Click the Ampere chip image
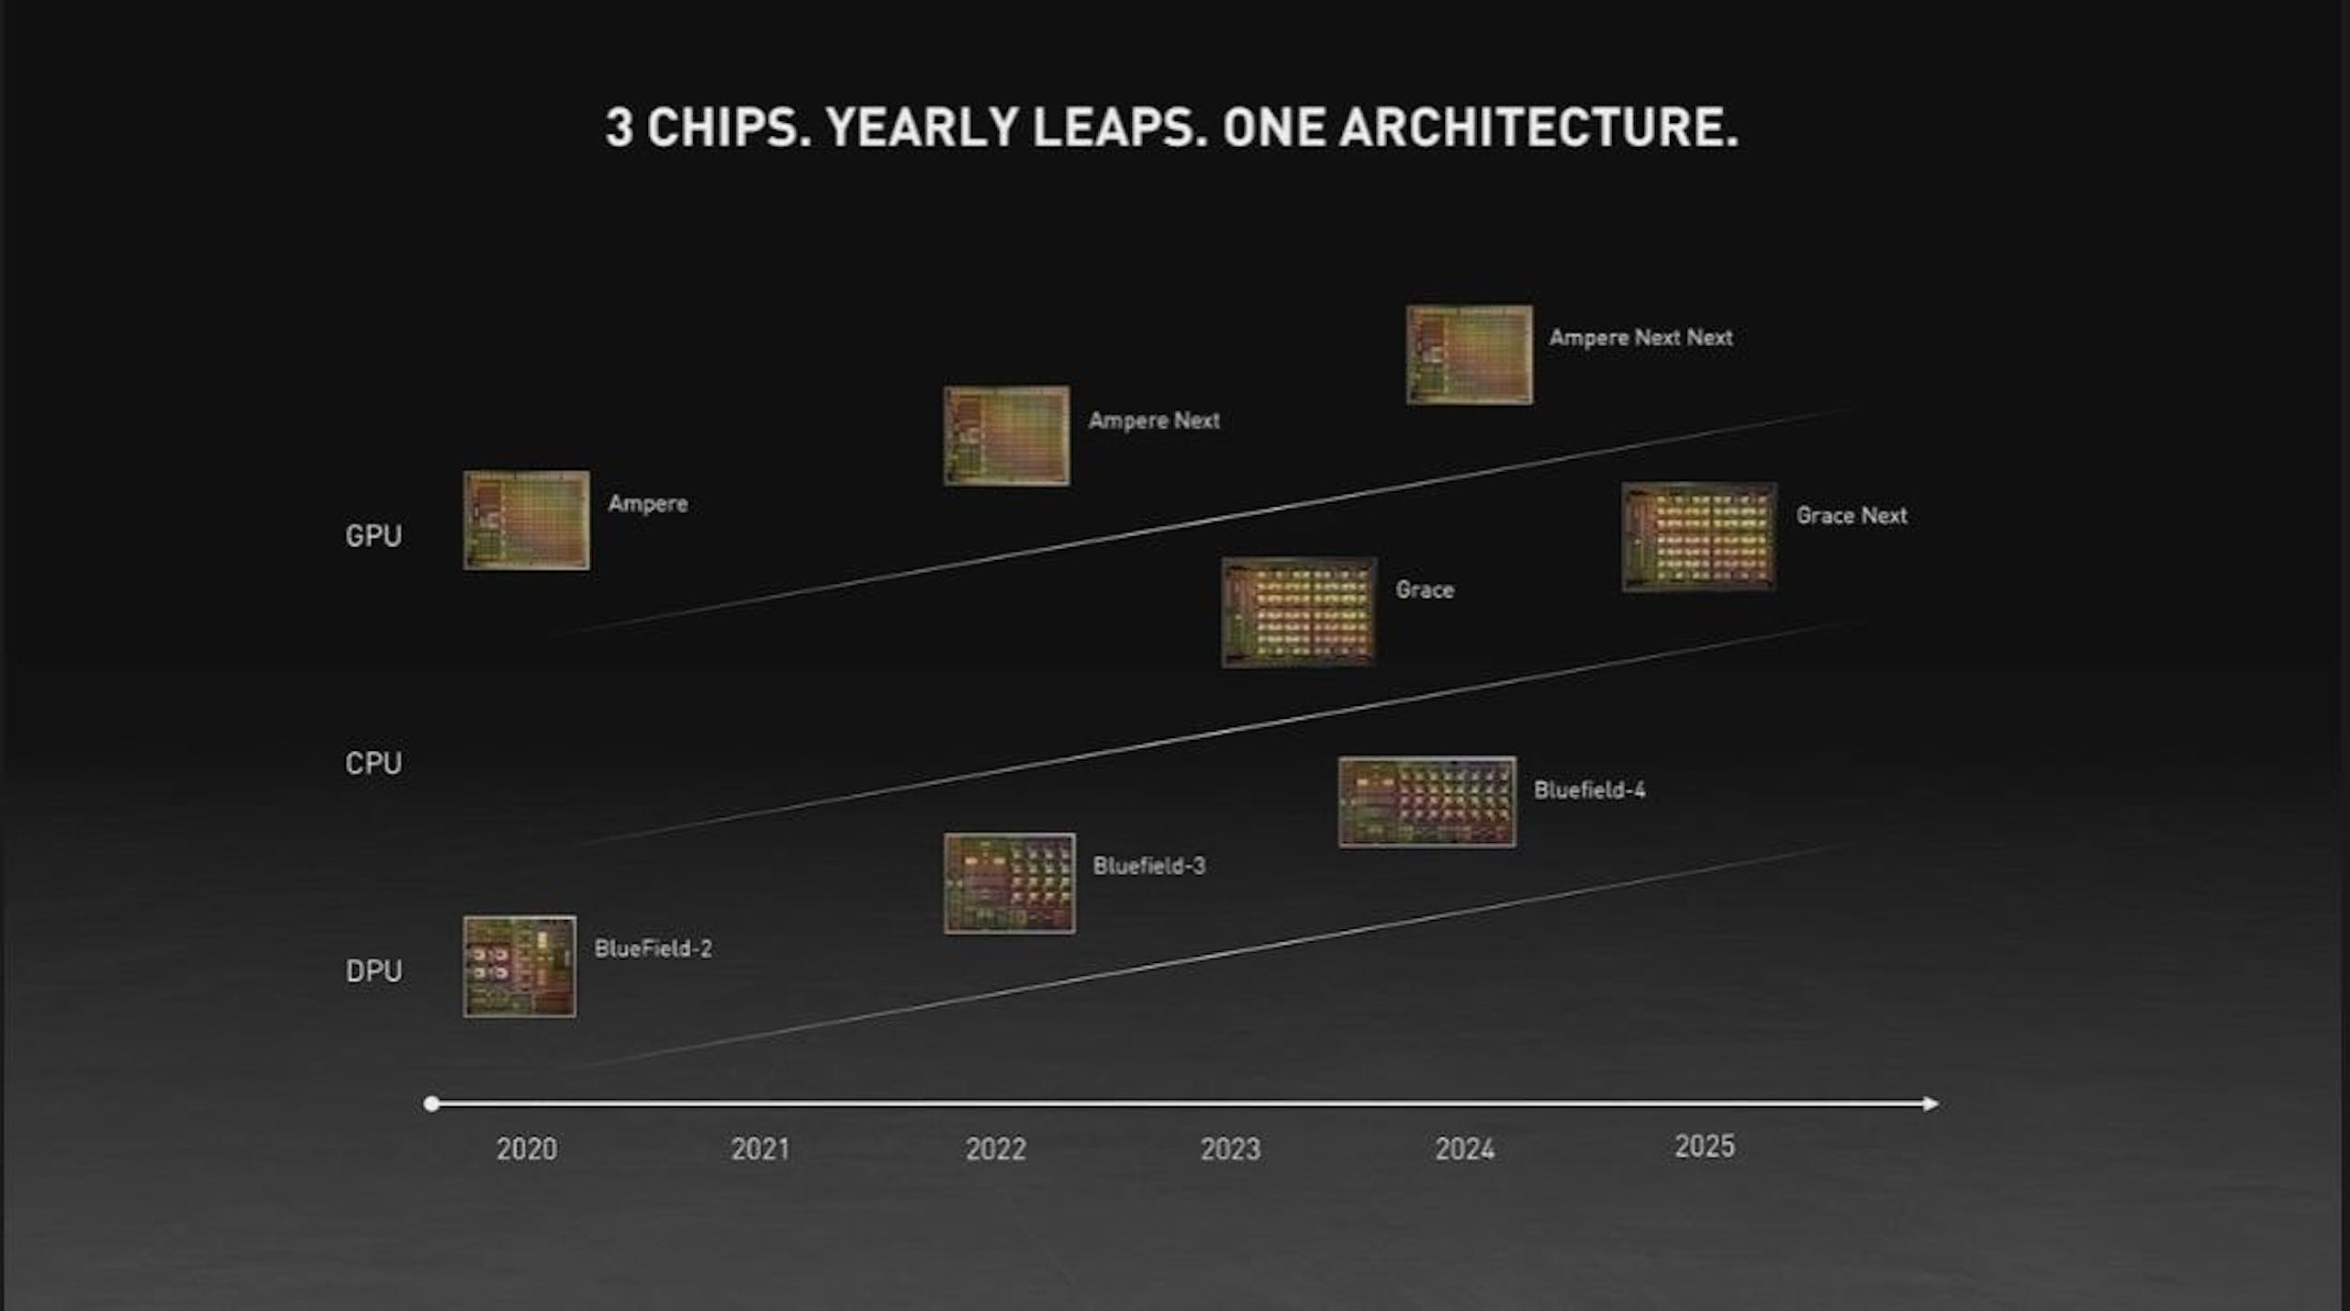point(526,521)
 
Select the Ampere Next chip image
point(1007,435)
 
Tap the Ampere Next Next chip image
point(1470,354)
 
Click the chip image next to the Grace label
point(1299,611)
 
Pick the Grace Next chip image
point(1699,537)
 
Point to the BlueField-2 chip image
point(520,966)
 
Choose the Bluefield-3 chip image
point(1010,883)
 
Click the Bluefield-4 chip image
point(1427,801)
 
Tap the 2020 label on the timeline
point(527,1149)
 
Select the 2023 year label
point(1230,1149)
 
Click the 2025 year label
point(1705,1146)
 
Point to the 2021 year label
point(761,1149)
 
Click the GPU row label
point(374,535)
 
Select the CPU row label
point(374,763)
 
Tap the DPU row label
point(374,970)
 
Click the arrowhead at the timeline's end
point(1931,1104)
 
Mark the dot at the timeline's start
point(431,1104)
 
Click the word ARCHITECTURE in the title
point(1539,127)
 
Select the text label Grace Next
point(1852,515)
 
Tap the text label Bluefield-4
point(1590,790)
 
